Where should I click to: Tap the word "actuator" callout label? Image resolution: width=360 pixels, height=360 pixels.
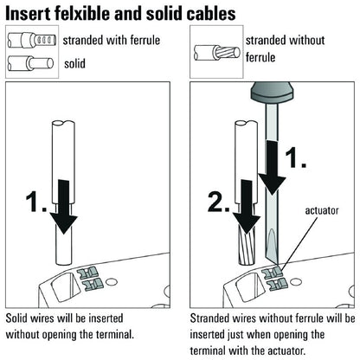pos(321,209)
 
